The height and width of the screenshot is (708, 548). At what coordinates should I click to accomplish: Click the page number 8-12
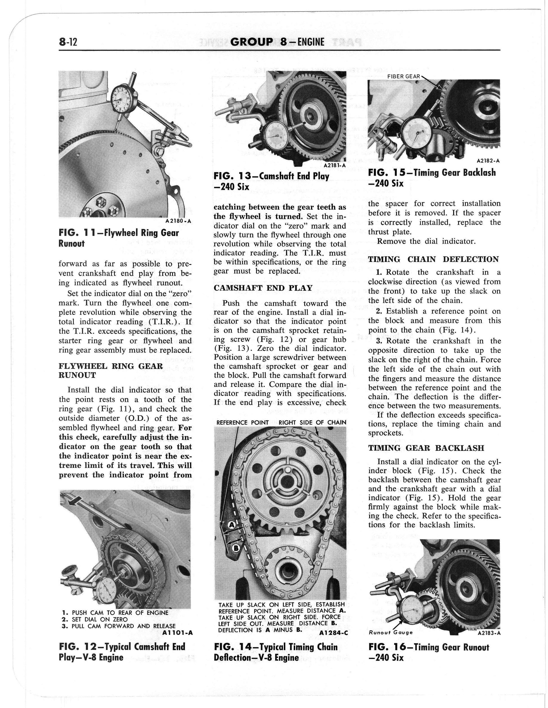click(68, 42)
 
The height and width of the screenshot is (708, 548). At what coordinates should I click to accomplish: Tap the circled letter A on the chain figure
click(232, 526)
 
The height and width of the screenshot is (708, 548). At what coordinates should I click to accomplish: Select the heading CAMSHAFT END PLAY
click(263, 288)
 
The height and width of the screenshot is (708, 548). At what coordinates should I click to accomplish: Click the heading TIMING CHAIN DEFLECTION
click(433, 259)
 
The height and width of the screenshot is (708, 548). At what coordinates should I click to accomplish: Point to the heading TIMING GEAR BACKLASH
click(426, 448)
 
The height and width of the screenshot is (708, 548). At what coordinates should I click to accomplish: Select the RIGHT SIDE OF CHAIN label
click(312, 423)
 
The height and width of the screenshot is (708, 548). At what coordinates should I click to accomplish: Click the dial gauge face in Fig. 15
click(417, 133)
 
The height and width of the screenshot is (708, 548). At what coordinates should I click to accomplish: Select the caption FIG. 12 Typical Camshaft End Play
click(122, 652)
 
